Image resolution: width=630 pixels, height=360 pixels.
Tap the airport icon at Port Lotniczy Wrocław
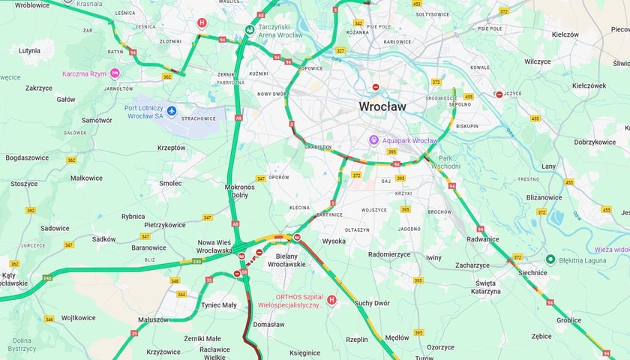[x=172, y=112]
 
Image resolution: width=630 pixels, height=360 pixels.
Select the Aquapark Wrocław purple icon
[x=373, y=141]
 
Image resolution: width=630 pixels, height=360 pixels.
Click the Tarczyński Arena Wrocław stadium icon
[x=249, y=31]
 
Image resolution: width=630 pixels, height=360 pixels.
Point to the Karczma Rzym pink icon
[x=115, y=73]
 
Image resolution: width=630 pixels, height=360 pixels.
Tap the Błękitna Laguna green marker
[x=550, y=259]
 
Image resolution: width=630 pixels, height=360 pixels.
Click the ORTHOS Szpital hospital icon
[x=331, y=300]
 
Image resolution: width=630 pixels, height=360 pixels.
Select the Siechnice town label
[x=533, y=273]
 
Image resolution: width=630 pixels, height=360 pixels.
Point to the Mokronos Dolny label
[x=240, y=190]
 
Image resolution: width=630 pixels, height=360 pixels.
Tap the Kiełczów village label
[x=565, y=34]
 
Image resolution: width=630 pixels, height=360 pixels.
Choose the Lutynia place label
[x=30, y=51]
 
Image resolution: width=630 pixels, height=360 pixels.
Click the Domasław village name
[x=269, y=325]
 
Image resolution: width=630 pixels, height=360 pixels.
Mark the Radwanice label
[x=482, y=239]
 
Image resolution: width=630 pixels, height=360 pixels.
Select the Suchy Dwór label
[x=373, y=304]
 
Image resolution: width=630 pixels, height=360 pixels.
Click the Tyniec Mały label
[x=218, y=305]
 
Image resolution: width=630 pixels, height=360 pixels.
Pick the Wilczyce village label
[x=538, y=61]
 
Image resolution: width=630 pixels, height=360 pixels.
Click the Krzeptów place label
[x=172, y=148]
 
